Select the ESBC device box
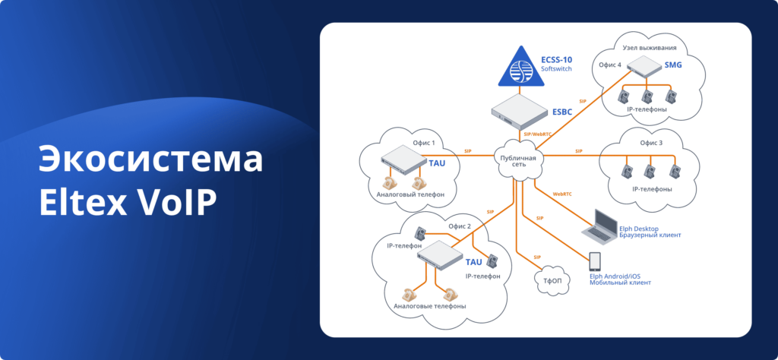point(520,111)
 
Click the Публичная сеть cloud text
point(518,162)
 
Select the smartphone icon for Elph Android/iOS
point(595,261)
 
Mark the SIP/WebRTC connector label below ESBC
point(538,134)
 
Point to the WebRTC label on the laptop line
point(563,194)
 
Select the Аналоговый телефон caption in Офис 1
point(410,195)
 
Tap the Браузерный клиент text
point(650,235)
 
